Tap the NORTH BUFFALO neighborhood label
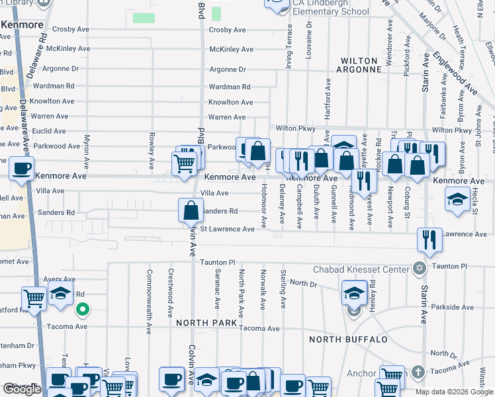[x=348, y=339]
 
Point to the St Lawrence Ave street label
[x=227, y=229]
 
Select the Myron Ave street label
[x=86, y=152]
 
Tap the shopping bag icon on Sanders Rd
[x=191, y=210]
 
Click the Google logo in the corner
[x=22, y=389]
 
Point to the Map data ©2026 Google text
[x=455, y=392]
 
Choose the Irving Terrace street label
[x=289, y=46]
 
